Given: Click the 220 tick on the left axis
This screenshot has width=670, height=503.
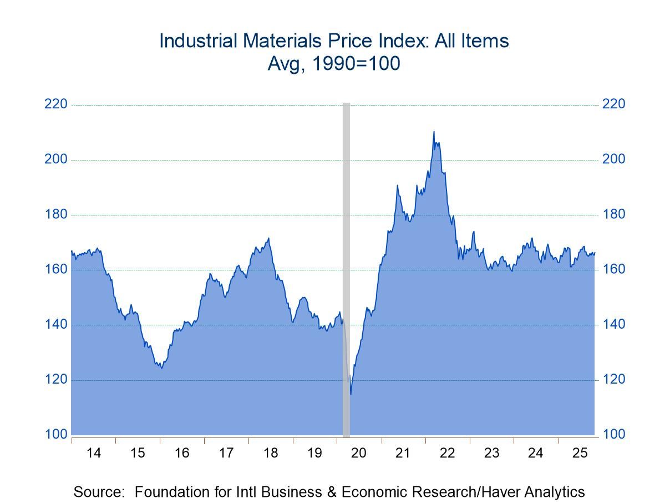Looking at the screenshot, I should tap(55, 104).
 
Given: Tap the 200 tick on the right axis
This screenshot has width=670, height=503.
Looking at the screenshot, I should tap(613, 159).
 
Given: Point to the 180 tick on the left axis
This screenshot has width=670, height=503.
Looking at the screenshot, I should tap(55, 214).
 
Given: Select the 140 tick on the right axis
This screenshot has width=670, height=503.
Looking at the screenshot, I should tap(613, 324).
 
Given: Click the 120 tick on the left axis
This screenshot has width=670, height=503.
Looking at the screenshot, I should tap(55, 380).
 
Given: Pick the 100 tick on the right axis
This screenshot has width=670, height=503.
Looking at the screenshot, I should tap(613, 434).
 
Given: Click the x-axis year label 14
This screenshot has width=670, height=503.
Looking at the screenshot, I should tap(94, 453).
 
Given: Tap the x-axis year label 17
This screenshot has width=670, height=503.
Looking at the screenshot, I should tap(226, 453).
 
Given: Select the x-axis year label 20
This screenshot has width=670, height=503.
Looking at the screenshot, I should tap(359, 453).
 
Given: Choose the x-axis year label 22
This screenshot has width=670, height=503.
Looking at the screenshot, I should tap(447, 453).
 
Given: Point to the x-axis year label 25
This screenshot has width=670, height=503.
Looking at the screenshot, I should tap(580, 453).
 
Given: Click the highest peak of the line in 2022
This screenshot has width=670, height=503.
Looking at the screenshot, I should tap(434, 132).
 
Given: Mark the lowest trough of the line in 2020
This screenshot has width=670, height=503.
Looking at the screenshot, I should tap(351, 394).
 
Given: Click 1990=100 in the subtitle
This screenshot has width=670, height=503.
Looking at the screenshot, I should tap(355, 64).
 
